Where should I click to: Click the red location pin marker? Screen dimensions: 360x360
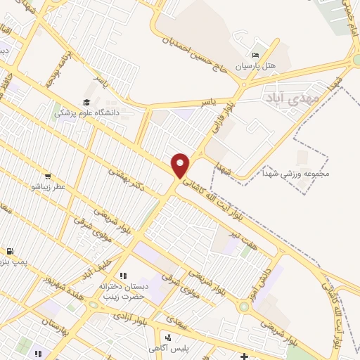point(181,165)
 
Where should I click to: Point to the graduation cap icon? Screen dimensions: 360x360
point(89,101)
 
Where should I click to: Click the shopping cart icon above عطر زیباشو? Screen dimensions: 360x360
point(47,176)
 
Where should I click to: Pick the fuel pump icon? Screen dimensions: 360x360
point(9,251)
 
